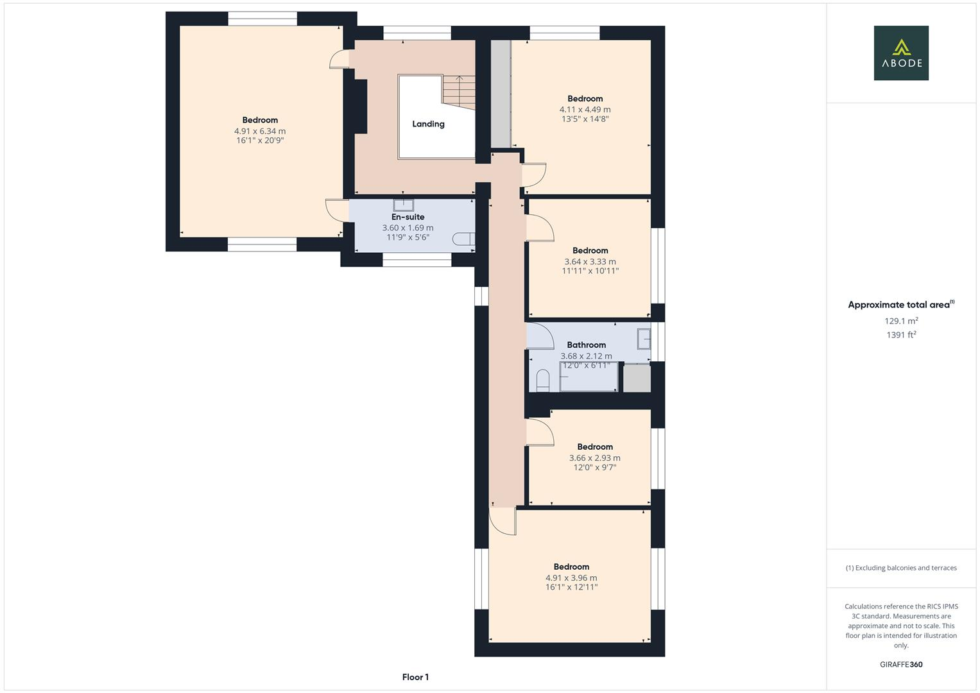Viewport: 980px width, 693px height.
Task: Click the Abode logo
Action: pos(901,53)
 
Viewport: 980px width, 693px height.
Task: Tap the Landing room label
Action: pos(428,124)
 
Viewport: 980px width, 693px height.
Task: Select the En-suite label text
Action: pos(408,217)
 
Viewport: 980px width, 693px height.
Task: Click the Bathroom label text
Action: pos(586,345)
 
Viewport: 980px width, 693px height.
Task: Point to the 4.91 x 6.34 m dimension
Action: pos(260,131)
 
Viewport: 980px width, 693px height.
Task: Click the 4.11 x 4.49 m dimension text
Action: pos(585,109)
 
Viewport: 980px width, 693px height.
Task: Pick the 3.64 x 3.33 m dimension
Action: pos(590,262)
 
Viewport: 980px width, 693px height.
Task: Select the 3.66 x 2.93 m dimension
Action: pos(594,458)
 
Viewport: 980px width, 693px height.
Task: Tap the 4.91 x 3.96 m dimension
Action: pos(571,577)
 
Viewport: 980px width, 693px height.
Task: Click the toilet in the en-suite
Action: pos(463,239)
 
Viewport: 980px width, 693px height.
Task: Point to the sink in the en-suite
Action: pos(403,205)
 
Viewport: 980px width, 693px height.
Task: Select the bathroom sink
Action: pos(644,339)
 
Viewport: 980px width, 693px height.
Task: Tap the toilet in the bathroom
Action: pos(542,381)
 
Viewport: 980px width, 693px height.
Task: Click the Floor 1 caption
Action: pos(415,677)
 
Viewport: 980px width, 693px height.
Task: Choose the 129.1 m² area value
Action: pos(901,321)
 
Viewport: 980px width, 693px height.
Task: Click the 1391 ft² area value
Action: pos(901,335)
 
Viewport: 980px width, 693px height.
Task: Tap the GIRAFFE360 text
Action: pos(901,664)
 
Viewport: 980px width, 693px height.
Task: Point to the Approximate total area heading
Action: pos(901,305)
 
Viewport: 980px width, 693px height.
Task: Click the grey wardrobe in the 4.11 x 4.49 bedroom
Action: pos(501,94)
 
